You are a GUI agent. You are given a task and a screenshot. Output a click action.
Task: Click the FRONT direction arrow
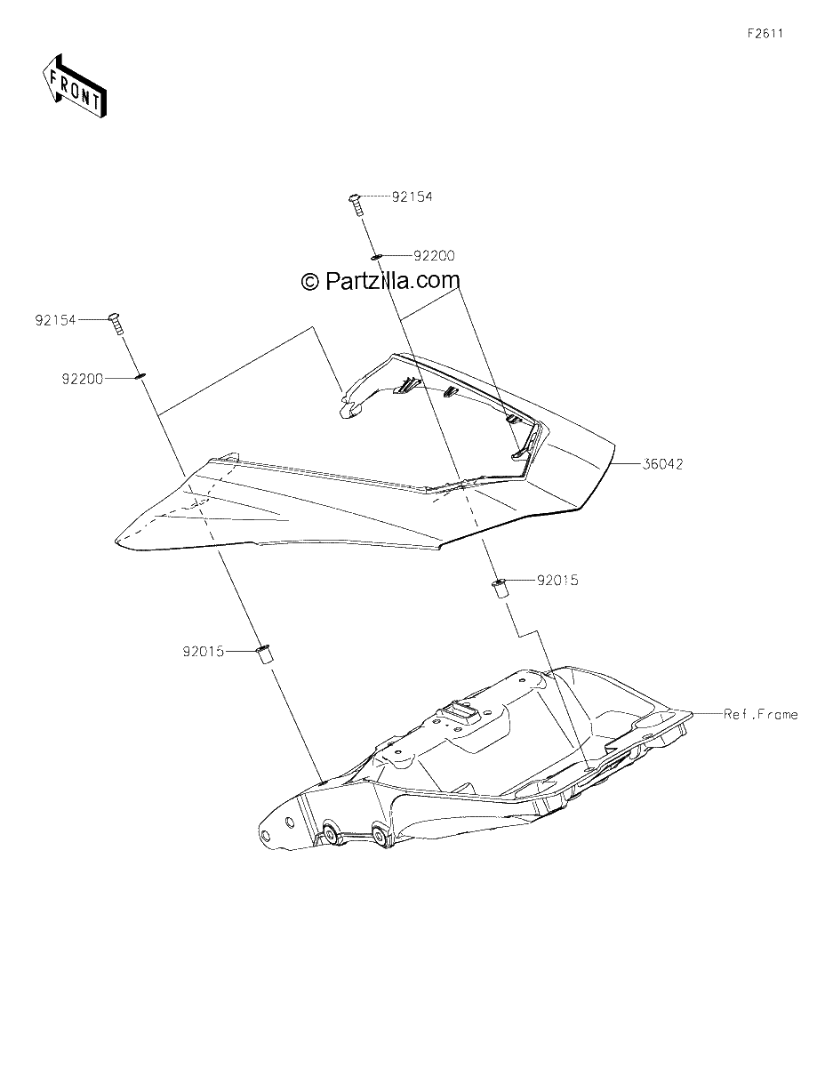(74, 86)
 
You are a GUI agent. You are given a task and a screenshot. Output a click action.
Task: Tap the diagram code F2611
(765, 34)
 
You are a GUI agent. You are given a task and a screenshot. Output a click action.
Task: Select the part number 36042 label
(662, 464)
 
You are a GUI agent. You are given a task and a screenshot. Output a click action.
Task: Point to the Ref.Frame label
(761, 714)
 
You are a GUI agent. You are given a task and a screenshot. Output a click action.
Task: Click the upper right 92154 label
(412, 197)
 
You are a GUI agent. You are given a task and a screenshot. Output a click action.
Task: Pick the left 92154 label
(55, 320)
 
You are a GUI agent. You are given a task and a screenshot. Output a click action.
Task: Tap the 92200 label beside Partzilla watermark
(434, 256)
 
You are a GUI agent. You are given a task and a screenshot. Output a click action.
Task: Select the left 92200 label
(83, 379)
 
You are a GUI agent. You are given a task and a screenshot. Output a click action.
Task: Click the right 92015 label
(557, 581)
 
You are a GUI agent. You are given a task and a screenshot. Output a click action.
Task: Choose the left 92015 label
(204, 652)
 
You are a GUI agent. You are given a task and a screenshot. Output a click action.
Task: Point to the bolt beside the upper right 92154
(356, 205)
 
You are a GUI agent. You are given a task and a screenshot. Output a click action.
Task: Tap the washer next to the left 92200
(140, 377)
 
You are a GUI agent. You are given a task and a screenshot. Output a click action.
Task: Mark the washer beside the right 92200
(376, 256)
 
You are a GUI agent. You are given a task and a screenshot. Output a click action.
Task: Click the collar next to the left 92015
(264, 655)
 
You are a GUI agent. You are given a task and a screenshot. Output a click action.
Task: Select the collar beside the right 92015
(499, 589)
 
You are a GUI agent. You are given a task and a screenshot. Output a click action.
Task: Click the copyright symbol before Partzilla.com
(309, 282)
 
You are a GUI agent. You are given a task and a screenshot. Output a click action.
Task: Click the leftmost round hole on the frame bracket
(266, 834)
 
